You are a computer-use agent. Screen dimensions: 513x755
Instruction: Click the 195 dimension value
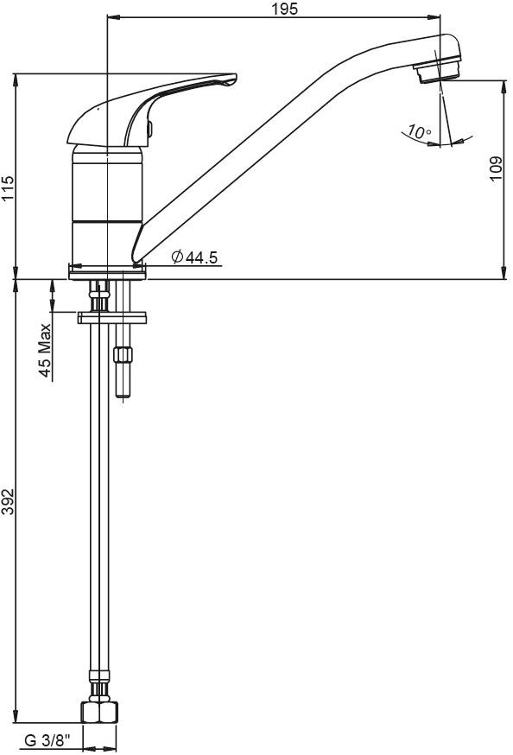[x=285, y=8]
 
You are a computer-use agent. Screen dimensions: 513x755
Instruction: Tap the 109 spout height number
[x=496, y=168]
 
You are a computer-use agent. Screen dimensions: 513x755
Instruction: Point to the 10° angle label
[x=420, y=131]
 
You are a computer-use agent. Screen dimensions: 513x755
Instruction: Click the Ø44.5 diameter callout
[x=195, y=257]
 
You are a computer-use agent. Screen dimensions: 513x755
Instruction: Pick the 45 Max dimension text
[x=45, y=351]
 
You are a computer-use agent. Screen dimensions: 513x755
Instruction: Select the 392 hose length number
[x=8, y=501]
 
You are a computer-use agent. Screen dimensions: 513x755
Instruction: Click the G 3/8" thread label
[x=47, y=739]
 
